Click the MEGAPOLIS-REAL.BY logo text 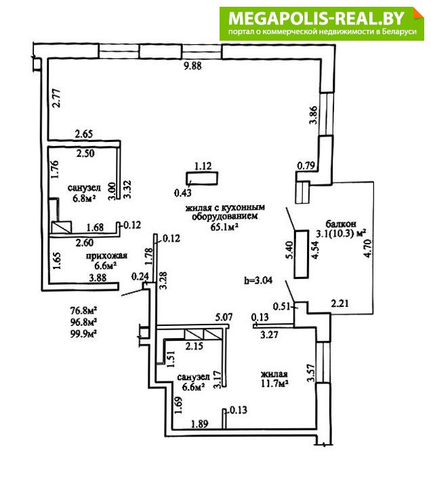point(317,18)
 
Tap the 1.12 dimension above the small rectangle point(203,166)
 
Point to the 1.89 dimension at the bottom point(199,424)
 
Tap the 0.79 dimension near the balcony point(306,164)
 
